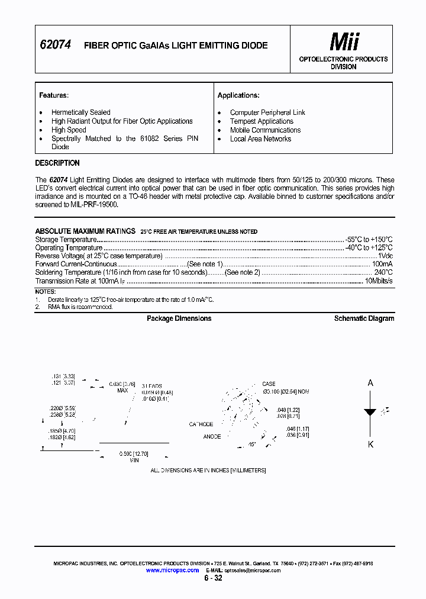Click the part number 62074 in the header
[x=55, y=44]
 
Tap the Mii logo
[x=344, y=42]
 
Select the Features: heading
[x=53, y=95]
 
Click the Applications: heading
[x=238, y=95]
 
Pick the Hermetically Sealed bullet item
[x=80, y=112]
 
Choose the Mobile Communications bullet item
[x=265, y=130]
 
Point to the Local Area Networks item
[x=260, y=139]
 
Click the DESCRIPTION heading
[x=57, y=163]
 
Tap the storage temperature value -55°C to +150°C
[x=369, y=240]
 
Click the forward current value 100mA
[x=382, y=264]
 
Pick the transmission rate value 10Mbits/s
[x=379, y=281]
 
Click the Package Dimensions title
[x=179, y=318]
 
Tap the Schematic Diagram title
[x=364, y=318]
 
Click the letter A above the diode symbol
[x=371, y=383]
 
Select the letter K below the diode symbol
[x=371, y=445]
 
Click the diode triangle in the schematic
[x=371, y=413]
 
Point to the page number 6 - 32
[x=213, y=578]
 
